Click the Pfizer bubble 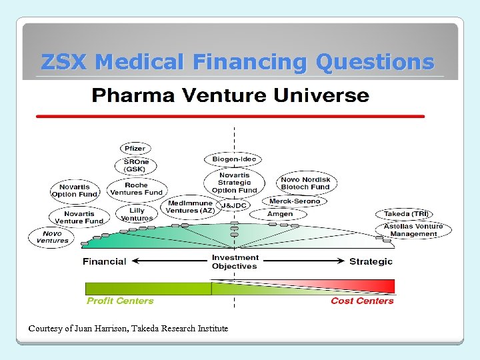tap(135, 149)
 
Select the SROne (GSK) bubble tap(136, 166)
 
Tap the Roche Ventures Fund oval tap(136, 189)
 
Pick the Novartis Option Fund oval tap(75, 191)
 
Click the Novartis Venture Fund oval tap(79, 217)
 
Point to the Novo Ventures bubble tap(52, 237)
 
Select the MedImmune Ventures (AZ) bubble tap(191, 207)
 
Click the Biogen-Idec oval tap(233, 159)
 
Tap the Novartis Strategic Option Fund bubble tap(234, 183)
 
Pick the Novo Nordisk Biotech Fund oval tap(305, 183)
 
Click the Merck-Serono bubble tap(295, 201)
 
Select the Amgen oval tap(280, 214)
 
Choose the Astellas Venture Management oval tap(414, 230)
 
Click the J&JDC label tap(234, 205)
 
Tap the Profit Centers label tap(120, 301)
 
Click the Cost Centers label tap(362, 301)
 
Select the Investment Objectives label tap(235, 262)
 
